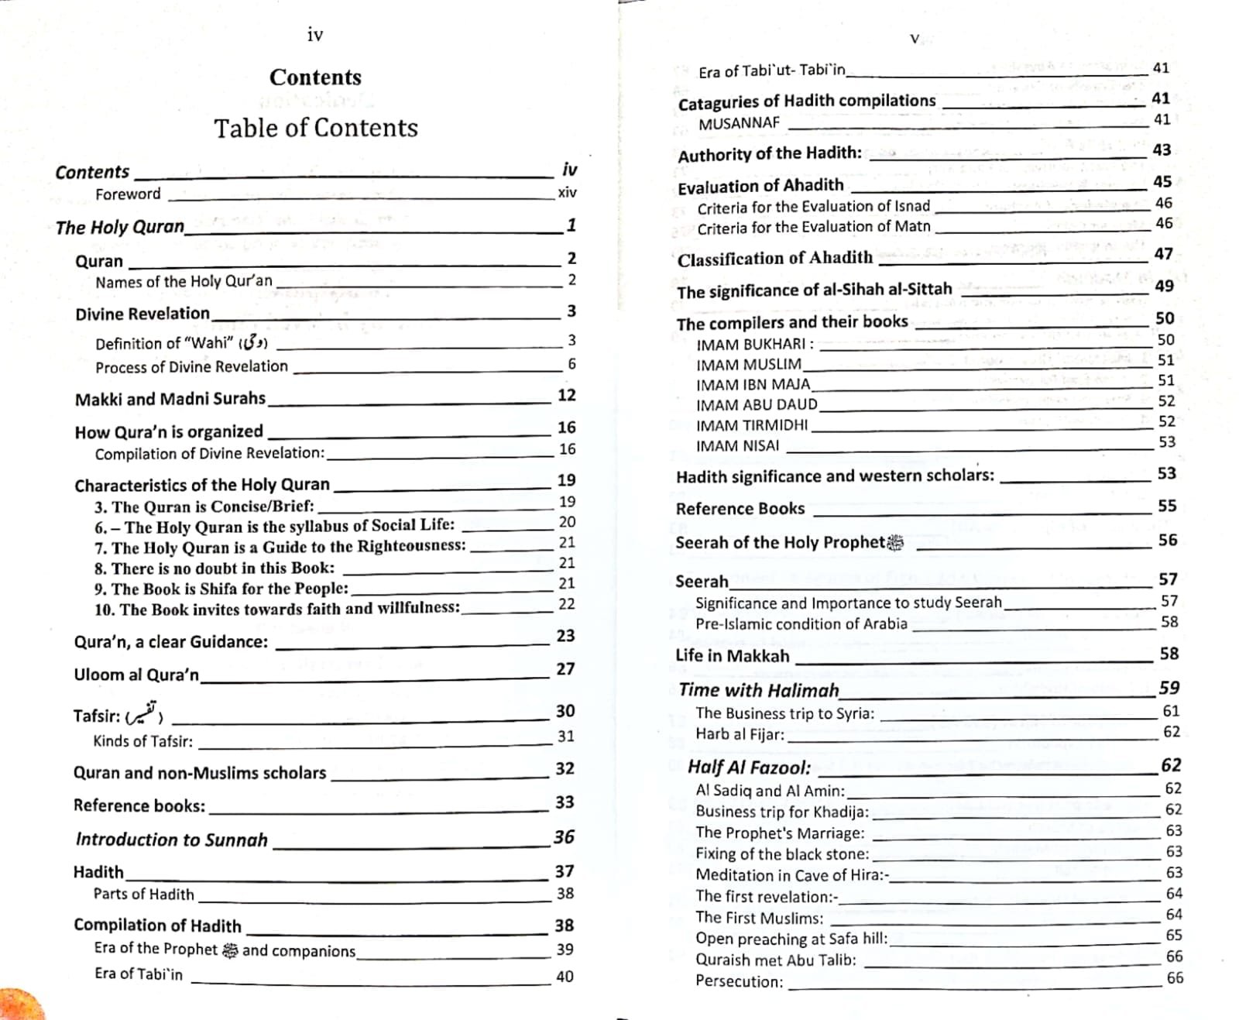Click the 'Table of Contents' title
[x=316, y=128]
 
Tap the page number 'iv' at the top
[x=314, y=34]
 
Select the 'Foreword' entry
[x=128, y=194]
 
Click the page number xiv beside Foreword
[x=567, y=192]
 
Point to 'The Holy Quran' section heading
[x=120, y=227]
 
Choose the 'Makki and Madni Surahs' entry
[x=170, y=399]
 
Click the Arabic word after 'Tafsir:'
[x=144, y=713]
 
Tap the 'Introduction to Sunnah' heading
[x=172, y=840]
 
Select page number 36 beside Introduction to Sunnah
[x=564, y=836]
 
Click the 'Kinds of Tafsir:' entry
[x=143, y=741]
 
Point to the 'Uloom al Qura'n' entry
[x=136, y=675]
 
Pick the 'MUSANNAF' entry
[x=739, y=123]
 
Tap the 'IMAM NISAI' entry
[x=737, y=446]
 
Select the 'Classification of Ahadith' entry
[x=774, y=259]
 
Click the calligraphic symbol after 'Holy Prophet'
[x=895, y=543]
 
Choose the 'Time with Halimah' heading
[x=759, y=690]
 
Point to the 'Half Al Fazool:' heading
[x=749, y=768]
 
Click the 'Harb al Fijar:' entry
[x=740, y=734]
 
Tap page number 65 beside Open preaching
[x=1174, y=936]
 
